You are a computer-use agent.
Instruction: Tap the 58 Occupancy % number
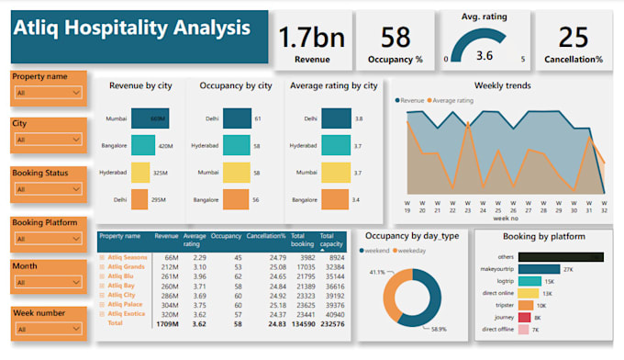(396, 38)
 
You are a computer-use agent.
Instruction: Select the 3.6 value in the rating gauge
(485, 54)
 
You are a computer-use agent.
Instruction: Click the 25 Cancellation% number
(574, 38)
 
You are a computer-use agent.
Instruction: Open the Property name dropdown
(49, 93)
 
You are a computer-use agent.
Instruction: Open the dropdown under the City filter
(49, 141)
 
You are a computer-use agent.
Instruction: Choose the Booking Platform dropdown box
(49, 240)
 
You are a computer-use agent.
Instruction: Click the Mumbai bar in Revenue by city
(150, 118)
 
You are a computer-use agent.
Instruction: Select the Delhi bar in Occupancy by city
(237, 118)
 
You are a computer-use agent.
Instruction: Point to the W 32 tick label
(604, 206)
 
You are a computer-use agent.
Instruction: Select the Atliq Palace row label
(127, 303)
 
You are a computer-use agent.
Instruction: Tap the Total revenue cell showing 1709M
(166, 323)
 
